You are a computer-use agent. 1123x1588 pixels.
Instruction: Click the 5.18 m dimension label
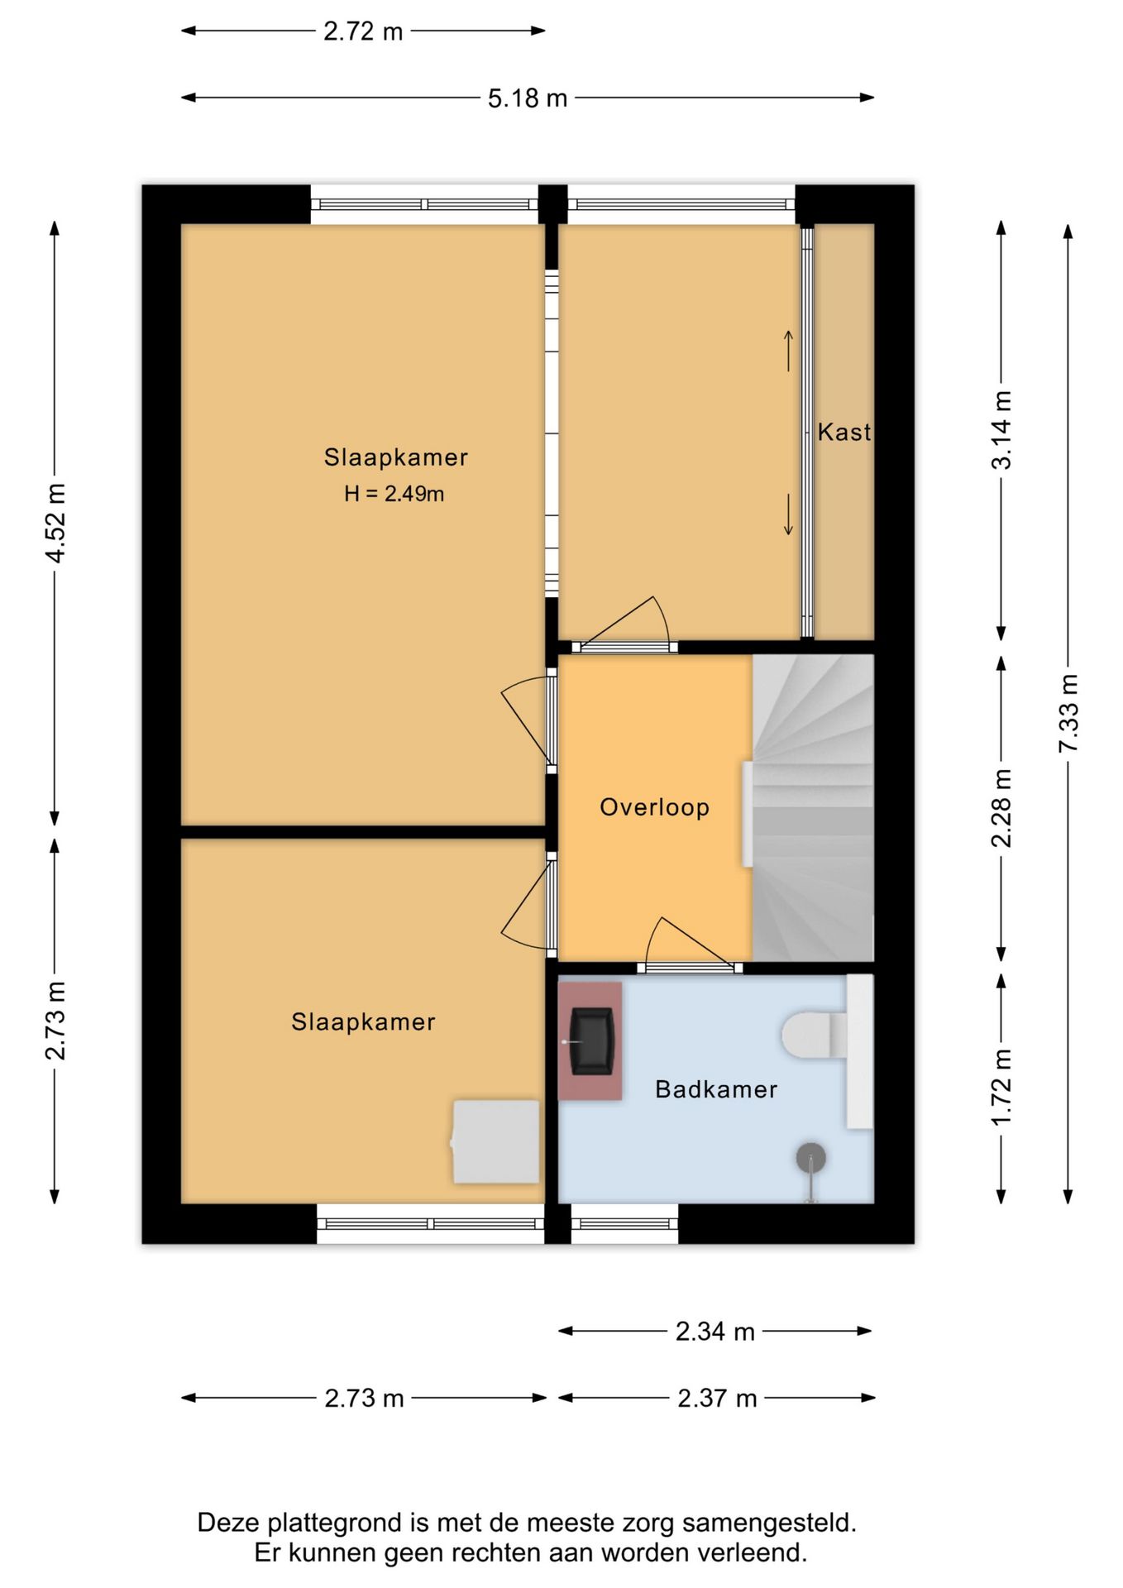tap(528, 98)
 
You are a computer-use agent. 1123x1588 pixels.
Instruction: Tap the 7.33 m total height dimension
tap(1068, 713)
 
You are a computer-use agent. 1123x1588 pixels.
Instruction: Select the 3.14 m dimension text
tap(1001, 430)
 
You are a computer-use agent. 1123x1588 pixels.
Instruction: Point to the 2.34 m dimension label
tap(715, 1332)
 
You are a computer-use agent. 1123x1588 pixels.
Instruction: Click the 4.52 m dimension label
tap(55, 524)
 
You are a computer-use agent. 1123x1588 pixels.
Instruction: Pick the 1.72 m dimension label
tap(1001, 1087)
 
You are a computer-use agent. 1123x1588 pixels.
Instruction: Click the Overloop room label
tap(655, 807)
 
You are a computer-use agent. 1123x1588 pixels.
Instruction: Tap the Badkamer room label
tap(716, 1089)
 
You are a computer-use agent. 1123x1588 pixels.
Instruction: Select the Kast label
tap(844, 432)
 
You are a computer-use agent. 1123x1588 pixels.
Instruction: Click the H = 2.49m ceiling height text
tap(394, 494)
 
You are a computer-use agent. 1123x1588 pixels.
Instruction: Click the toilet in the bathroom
tap(815, 1035)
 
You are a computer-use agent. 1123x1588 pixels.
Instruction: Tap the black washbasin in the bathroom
tap(592, 1040)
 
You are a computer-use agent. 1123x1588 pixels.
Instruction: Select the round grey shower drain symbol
tap(811, 1158)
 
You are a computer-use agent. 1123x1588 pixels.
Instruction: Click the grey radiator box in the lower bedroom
tap(495, 1141)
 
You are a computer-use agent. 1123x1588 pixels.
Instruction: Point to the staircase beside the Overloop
tap(813, 808)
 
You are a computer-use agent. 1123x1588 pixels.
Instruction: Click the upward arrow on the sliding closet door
tap(789, 351)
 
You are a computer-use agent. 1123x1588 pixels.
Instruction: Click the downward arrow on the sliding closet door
tap(789, 514)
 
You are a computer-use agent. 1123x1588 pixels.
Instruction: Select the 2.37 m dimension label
tap(717, 1399)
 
